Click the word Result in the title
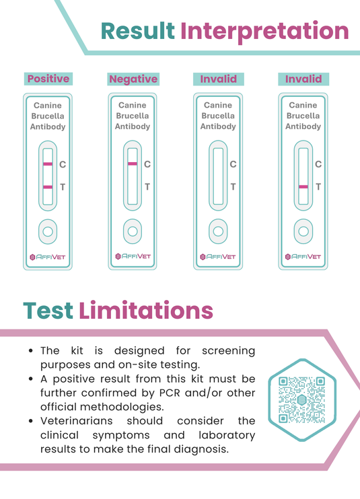[x=137, y=31]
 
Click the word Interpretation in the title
[x=264, y=31]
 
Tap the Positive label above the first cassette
[x=48, y=79]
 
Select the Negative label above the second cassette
[x=133, y=79]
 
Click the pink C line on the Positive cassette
[x=47, y=164]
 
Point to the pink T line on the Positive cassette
[x=47, y=186]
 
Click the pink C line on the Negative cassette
[x=133, y=164]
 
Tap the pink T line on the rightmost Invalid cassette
[x=303, y=186]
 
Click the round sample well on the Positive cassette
[x=47, y=231]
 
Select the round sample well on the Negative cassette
[x=133, y=231]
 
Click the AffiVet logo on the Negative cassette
[x=133, y=256]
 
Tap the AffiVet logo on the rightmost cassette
[x=303, y=256]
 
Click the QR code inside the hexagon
[x=301, y=399]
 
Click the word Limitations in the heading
[x=146, y=310]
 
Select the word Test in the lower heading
[x=48, y=310]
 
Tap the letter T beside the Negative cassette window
[x=148, y=187]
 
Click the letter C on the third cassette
[x=233, y=164]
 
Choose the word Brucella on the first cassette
[x=48, y=116]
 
